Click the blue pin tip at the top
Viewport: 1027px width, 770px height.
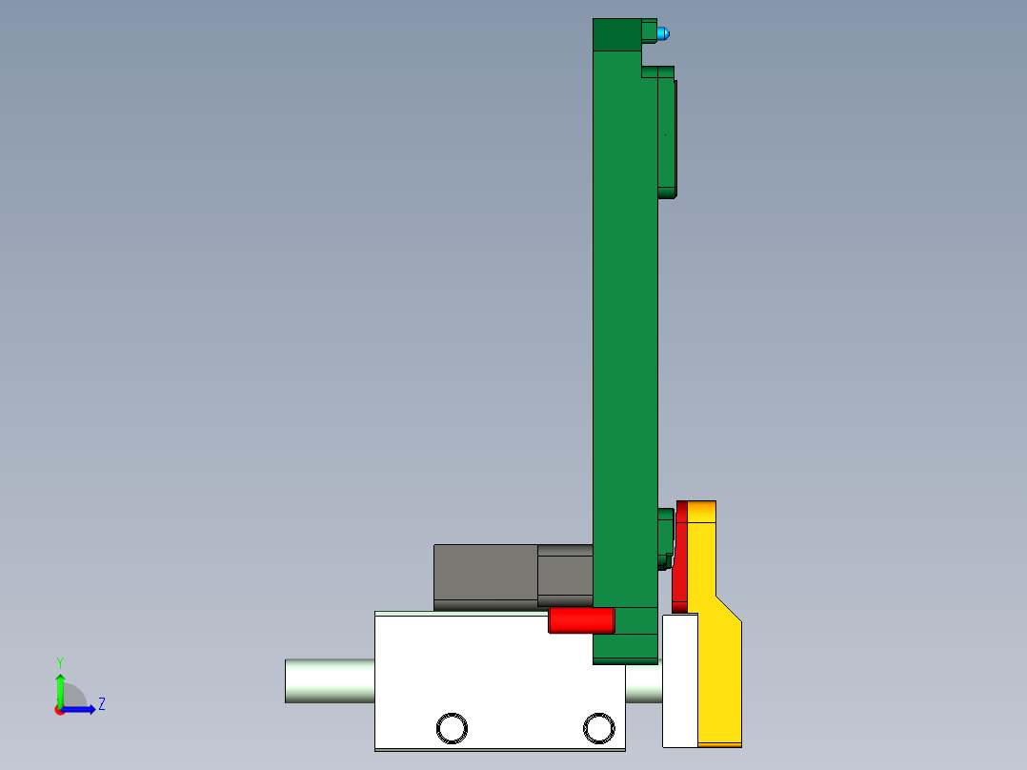click(664, 34)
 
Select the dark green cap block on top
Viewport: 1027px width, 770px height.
click(615, 34)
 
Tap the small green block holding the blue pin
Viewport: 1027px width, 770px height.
click(650, 31)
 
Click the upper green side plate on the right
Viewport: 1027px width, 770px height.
click(667, 133)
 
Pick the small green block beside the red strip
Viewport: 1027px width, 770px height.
click(665, 538)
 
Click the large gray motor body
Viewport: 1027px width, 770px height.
click(485, 574)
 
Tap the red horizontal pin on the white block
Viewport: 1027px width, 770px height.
click(580, 621)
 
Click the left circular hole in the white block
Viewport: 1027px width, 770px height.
click(452, 728)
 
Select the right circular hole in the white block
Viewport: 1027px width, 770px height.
click(599, 728)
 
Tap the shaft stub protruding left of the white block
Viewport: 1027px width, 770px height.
click(329, 680)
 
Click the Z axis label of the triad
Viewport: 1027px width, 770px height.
click(101, 704)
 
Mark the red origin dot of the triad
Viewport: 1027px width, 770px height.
click(59, 710)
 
